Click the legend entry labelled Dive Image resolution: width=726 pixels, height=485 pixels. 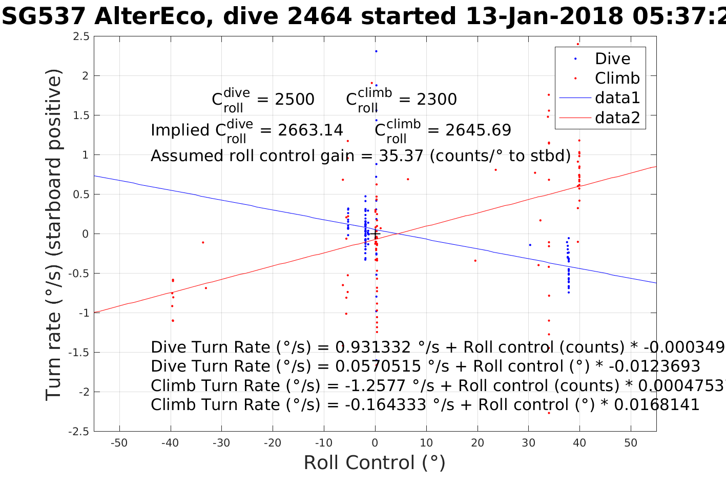[x=612, y=59]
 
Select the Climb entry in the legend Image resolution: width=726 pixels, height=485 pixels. [x=617, y=78]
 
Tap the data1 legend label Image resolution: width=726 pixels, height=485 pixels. [x=617, y=98]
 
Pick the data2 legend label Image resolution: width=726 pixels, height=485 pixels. [x=617, y=118]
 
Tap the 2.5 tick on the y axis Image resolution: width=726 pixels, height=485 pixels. [x=81, y=36]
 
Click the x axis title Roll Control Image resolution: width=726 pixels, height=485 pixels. [x=375, y=463]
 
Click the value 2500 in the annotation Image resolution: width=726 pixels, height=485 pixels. [x=295, y=99]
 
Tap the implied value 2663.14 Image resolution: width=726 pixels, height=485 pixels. [x=310, y=130]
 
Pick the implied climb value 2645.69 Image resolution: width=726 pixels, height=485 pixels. [x=478, y=130]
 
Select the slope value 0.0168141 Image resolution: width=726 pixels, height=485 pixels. [x=656, y=405]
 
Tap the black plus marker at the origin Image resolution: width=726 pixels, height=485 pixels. [x=375, y=234]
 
